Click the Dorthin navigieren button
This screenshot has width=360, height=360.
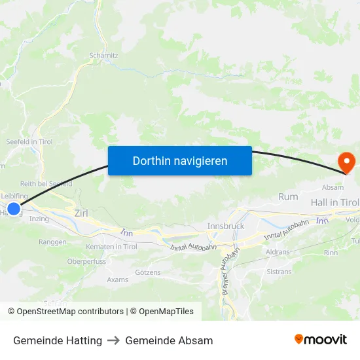click(x=179, y=160)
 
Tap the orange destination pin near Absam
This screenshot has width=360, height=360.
click(x=345, y=162)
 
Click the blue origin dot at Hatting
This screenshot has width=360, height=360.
click(x=13, y=209)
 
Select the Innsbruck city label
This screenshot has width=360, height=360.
click(x=225, y=226)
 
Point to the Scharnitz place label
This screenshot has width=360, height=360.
click(x=103, y=56)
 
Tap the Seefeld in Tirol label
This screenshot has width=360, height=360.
click(x=29, y=141)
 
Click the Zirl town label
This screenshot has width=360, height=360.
click(x=82, y=213)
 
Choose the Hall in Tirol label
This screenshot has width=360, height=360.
click(x=334, y=203)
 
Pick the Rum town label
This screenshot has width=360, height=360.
click(x=288, y=196)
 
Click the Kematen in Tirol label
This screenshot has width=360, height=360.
click(x=111, y=247)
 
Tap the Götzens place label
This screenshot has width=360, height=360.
click(x=147, y=272)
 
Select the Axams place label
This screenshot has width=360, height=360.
click(x=118, y=279)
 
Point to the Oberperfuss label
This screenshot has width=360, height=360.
click(x=86, y=261)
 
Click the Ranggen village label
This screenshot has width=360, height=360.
click(x=53, y=242)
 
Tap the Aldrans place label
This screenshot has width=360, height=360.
click(x=278, y=252)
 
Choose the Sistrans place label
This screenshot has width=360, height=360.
click(x=279, y=271)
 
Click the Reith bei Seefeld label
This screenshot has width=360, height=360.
click(x=46, y=184)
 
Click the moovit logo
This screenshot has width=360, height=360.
click(x=320, y=340)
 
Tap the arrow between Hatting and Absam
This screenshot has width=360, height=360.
click(x=114, y=340)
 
